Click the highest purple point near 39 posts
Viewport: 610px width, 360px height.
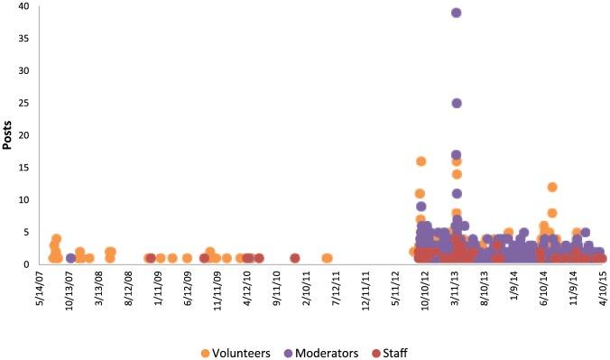457,13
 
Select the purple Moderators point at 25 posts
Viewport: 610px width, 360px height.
457,103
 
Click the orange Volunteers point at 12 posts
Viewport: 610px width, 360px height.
552,187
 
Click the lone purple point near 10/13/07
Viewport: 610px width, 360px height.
70,258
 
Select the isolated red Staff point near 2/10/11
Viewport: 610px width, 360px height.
295,258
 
